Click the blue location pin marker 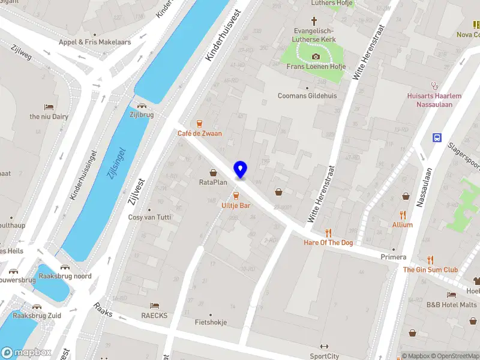point(240,169)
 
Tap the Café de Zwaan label point(200,133)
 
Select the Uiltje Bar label point(236,205)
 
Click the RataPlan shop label point(213,182)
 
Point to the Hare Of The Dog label point(328,242)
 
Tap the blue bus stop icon point(437,138)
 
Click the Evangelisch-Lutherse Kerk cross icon point(314,20)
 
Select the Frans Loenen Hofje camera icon point(316,57)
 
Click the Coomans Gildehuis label point(307,95)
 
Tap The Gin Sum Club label point(430,269)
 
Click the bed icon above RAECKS point(155,306)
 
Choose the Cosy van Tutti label point(150,217)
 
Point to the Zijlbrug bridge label point(141,114)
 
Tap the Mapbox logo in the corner point(26,352)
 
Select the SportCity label point(325,356)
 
